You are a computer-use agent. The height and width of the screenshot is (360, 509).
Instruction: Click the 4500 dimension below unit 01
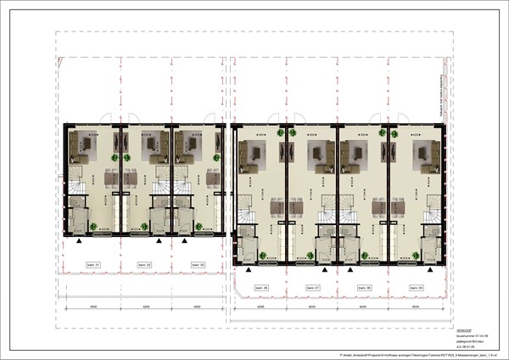[93, 306]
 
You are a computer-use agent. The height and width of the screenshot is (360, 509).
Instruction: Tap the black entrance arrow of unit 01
[79, 241]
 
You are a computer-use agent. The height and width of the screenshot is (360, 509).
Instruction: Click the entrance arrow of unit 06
[247, 267]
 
